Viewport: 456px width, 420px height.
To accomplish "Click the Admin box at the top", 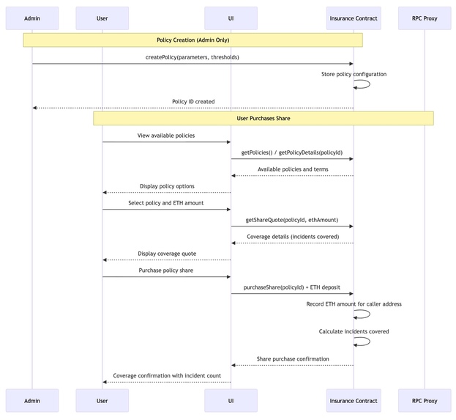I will click(x=32, y=18).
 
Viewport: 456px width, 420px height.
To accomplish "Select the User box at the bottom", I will click(x=102, y=400).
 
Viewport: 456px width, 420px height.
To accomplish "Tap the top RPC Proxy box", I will click(x=425, y=18).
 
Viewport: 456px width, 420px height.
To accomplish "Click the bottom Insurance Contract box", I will click(x=354, y=400).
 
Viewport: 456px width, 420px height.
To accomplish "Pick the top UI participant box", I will click(x=231, y=18).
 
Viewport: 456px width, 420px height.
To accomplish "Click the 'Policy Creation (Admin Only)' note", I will click(x=193, y=40).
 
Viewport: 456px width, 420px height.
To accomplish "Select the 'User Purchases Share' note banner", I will click(x=263, y=118).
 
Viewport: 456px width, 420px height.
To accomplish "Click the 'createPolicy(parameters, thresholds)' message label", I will click(x=193, y=57).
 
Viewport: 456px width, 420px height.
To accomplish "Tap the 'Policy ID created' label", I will click(x=193, y=101).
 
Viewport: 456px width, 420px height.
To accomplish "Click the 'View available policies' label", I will click(x=166, y=136).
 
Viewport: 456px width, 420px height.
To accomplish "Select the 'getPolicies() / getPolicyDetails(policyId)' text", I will click(x=292, y=152).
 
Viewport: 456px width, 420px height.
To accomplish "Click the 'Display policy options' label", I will click(x=167, y=186).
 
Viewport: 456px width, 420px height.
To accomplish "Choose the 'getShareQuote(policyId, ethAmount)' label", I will click(x=291, y=219).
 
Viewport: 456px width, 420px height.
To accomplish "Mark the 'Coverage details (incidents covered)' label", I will click(x=292, y=236).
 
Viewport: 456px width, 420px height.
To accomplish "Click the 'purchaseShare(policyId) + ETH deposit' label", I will click(x=291, y=287).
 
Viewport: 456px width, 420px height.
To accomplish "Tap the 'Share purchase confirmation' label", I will click(x=292, y=358).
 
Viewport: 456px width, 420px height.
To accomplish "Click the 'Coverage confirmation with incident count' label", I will click(x=167, y=375).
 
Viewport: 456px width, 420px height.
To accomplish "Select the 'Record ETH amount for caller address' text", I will click(x=354, y=303).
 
